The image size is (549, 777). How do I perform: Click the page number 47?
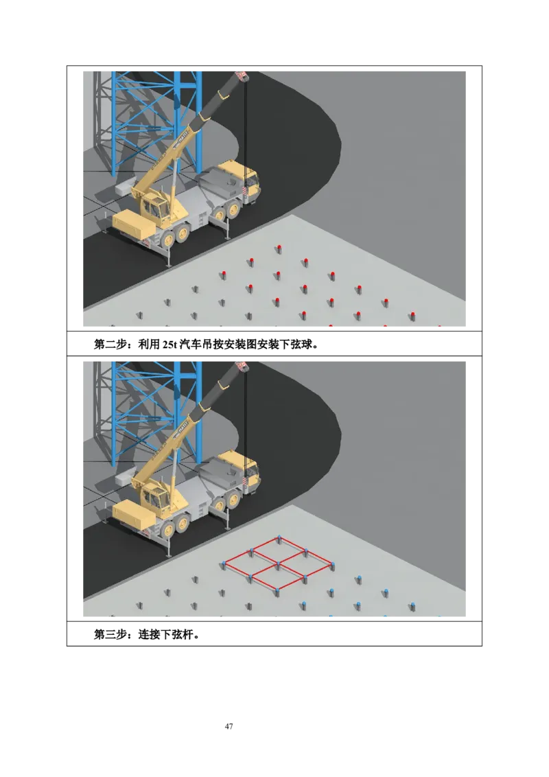229,726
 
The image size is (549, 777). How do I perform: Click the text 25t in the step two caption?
170,345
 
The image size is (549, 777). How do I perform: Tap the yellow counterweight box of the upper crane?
134,225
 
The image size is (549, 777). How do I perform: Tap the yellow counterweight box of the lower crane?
134,516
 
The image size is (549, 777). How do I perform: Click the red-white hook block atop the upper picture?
243,76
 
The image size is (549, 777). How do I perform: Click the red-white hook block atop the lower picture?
243,367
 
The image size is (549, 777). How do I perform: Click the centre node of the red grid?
279,564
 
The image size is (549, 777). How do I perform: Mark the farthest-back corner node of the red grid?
279,537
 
